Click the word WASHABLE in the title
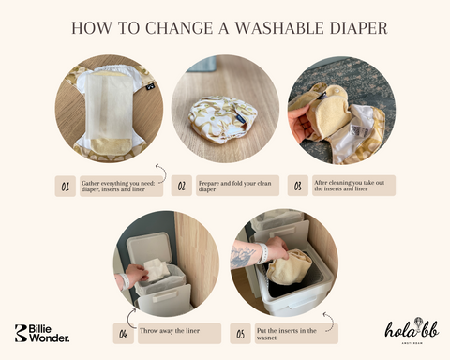(279, 28)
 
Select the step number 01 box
(66, 186)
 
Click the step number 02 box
(182, 186)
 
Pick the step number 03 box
(298, 186)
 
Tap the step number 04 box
(124, 334)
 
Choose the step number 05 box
(240, 334)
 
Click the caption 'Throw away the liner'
(170, 331)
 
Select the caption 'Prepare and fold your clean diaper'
(235, 186)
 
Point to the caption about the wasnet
(287, 334)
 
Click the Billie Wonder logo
(42, 333)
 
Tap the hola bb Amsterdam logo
(412, 331)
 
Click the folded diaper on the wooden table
(223, 120)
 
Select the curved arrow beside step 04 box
(129, 318)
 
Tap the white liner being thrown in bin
(157, 270)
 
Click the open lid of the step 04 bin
(149, 251)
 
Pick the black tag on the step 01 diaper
(150, 86)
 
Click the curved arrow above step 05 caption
(330, 322)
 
